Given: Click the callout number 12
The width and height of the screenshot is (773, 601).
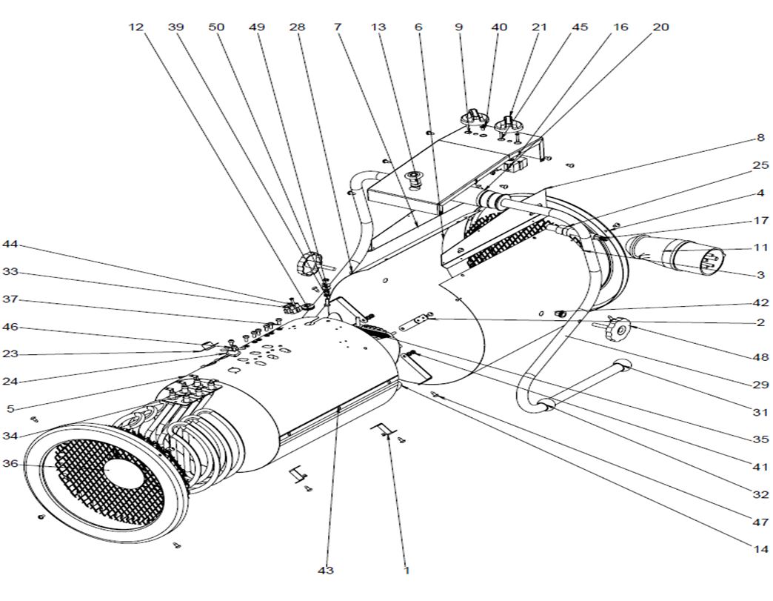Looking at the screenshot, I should tap(135, 27).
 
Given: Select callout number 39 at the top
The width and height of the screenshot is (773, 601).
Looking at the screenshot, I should tap(175, 27).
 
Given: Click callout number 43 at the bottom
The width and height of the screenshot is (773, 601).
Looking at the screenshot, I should tap(326, 571).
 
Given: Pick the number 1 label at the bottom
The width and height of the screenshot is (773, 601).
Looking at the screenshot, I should tap(406, 571).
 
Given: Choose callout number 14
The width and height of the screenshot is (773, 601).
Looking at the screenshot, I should tap(760, 550).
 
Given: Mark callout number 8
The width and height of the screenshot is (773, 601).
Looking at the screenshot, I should tap(760, 138).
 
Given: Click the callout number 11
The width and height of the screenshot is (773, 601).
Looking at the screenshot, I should tap(760, 248).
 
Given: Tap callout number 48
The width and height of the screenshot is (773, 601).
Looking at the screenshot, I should tap(760, 357).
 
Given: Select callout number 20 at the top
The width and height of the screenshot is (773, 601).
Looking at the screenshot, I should tap(660, 27).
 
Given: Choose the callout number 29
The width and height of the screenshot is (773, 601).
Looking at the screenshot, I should tap(760, 385).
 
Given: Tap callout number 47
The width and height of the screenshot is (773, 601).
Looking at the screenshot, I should tap(760, 522).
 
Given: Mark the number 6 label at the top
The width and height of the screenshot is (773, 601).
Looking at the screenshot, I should tap(419, 27).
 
